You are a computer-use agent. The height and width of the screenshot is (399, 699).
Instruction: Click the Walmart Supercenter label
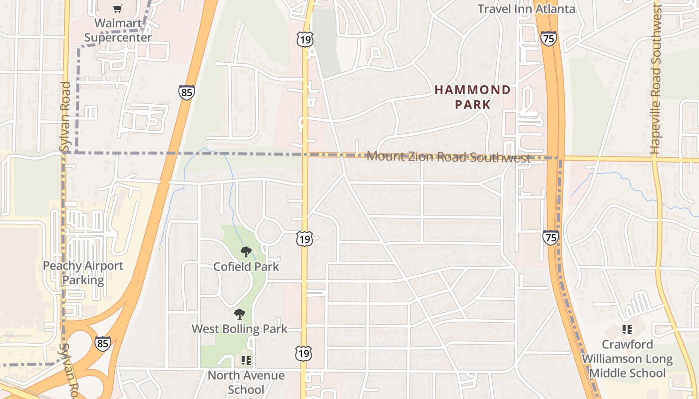(x=118, y=30)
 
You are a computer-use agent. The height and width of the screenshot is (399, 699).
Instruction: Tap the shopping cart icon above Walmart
(x=117, y=8)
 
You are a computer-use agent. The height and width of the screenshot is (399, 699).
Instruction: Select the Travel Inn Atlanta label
(x=526, y=8)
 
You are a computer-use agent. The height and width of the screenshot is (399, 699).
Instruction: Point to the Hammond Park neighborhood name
(x=472, y=97)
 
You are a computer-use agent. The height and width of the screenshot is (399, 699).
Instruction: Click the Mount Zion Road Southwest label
(x=448, y=157)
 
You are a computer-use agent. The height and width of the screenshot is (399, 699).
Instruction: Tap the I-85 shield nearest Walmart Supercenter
(x=186, y=92)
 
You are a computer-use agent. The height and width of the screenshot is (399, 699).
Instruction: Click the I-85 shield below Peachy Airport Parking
(x=102, y=344)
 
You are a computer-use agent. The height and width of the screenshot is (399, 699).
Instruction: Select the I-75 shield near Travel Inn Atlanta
(x=548, y=38)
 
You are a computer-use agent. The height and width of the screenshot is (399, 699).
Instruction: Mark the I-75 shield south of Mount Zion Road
(x=550, y=237)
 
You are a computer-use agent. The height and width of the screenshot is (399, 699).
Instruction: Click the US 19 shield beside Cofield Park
(x=304, y=239)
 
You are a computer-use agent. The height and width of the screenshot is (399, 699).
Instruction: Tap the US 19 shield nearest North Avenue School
(x=304, y=353)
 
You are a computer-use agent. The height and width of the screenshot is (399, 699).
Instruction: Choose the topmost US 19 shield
(x=304, y=39)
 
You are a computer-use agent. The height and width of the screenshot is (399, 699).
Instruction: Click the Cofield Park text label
(x=246, y=266)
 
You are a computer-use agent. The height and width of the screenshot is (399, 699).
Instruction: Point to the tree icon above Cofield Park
(x=245, y=252)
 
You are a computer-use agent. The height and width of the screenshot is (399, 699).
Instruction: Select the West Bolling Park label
(x=240, y=329)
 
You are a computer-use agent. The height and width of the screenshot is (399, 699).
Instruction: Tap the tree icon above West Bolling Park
(x=240, y=314)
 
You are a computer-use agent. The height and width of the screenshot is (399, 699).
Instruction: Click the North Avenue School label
(x=246, y=382)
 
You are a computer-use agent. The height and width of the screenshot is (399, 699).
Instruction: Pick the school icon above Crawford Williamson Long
(x=627, y=330)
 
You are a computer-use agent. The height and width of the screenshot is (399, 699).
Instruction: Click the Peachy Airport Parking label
(x=83, y=272)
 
